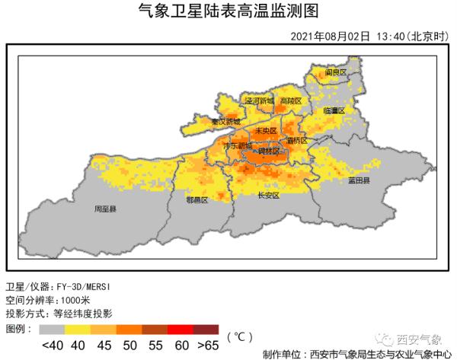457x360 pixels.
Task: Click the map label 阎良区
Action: (336, 72)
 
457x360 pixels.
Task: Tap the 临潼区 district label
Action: (334, 111)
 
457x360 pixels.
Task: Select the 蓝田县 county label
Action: (358, 181)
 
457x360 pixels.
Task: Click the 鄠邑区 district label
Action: (197, 200)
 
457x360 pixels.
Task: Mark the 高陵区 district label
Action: (291, 101)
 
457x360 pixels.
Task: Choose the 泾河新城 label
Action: (259, 101)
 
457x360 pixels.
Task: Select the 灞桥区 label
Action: (296, 141)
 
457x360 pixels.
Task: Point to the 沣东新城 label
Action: (237, 145)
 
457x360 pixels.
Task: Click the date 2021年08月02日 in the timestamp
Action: (331, 36)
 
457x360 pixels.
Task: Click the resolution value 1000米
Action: (94, 300)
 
